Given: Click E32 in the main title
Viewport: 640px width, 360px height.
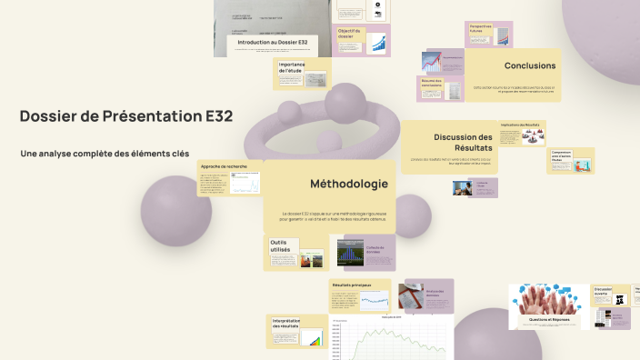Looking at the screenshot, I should pos(217,116).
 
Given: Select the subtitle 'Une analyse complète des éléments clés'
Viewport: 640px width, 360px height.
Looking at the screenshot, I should pos(105,154).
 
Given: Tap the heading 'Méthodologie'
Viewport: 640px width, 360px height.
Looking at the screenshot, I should pos(349,184).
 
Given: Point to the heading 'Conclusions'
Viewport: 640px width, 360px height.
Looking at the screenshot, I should pos(529,65).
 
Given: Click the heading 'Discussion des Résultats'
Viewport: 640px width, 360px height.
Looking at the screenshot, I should pos(463,142).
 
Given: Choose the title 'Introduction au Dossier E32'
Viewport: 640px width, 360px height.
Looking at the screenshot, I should pos(274,43).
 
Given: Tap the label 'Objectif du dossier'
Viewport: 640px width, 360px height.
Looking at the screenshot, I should pos(349,34).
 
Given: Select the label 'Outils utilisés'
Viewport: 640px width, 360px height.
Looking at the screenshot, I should pos(284,245).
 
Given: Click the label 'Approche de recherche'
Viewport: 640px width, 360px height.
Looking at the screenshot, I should pos(224,167).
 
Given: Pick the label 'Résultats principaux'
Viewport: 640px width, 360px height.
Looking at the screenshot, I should pos(351,285).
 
